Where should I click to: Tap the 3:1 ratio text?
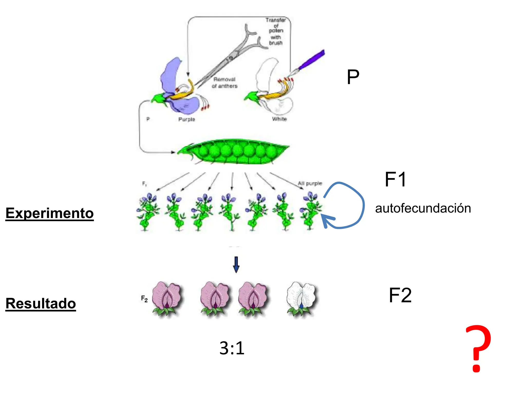point(232,348)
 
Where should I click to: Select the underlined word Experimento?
point(50,213)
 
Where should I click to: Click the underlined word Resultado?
point(41,303)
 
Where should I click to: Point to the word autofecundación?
point(423,208)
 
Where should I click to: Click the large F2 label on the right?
point(400,295)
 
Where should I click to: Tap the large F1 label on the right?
point(396,179)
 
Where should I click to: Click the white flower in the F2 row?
point(301,299)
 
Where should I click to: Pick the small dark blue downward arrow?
point(236,264)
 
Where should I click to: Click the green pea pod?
point(233,151)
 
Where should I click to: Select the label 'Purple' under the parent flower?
point(187,119)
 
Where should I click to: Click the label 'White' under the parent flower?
point(279,119)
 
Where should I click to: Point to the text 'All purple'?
point(310,183)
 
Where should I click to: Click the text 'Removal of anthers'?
point(224,83)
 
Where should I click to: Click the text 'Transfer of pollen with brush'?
point(276,31)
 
